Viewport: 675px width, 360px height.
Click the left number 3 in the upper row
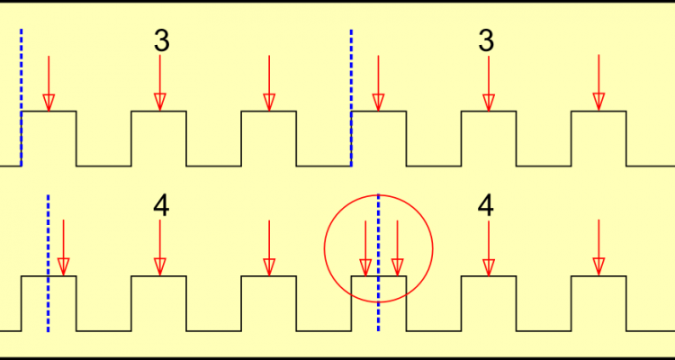161,41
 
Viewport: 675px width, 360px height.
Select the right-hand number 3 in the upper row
486,41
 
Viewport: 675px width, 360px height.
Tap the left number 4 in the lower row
161,206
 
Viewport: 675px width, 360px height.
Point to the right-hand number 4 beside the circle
486,206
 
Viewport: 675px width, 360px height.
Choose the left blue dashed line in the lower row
48,262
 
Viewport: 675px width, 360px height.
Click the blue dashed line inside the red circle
378,262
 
